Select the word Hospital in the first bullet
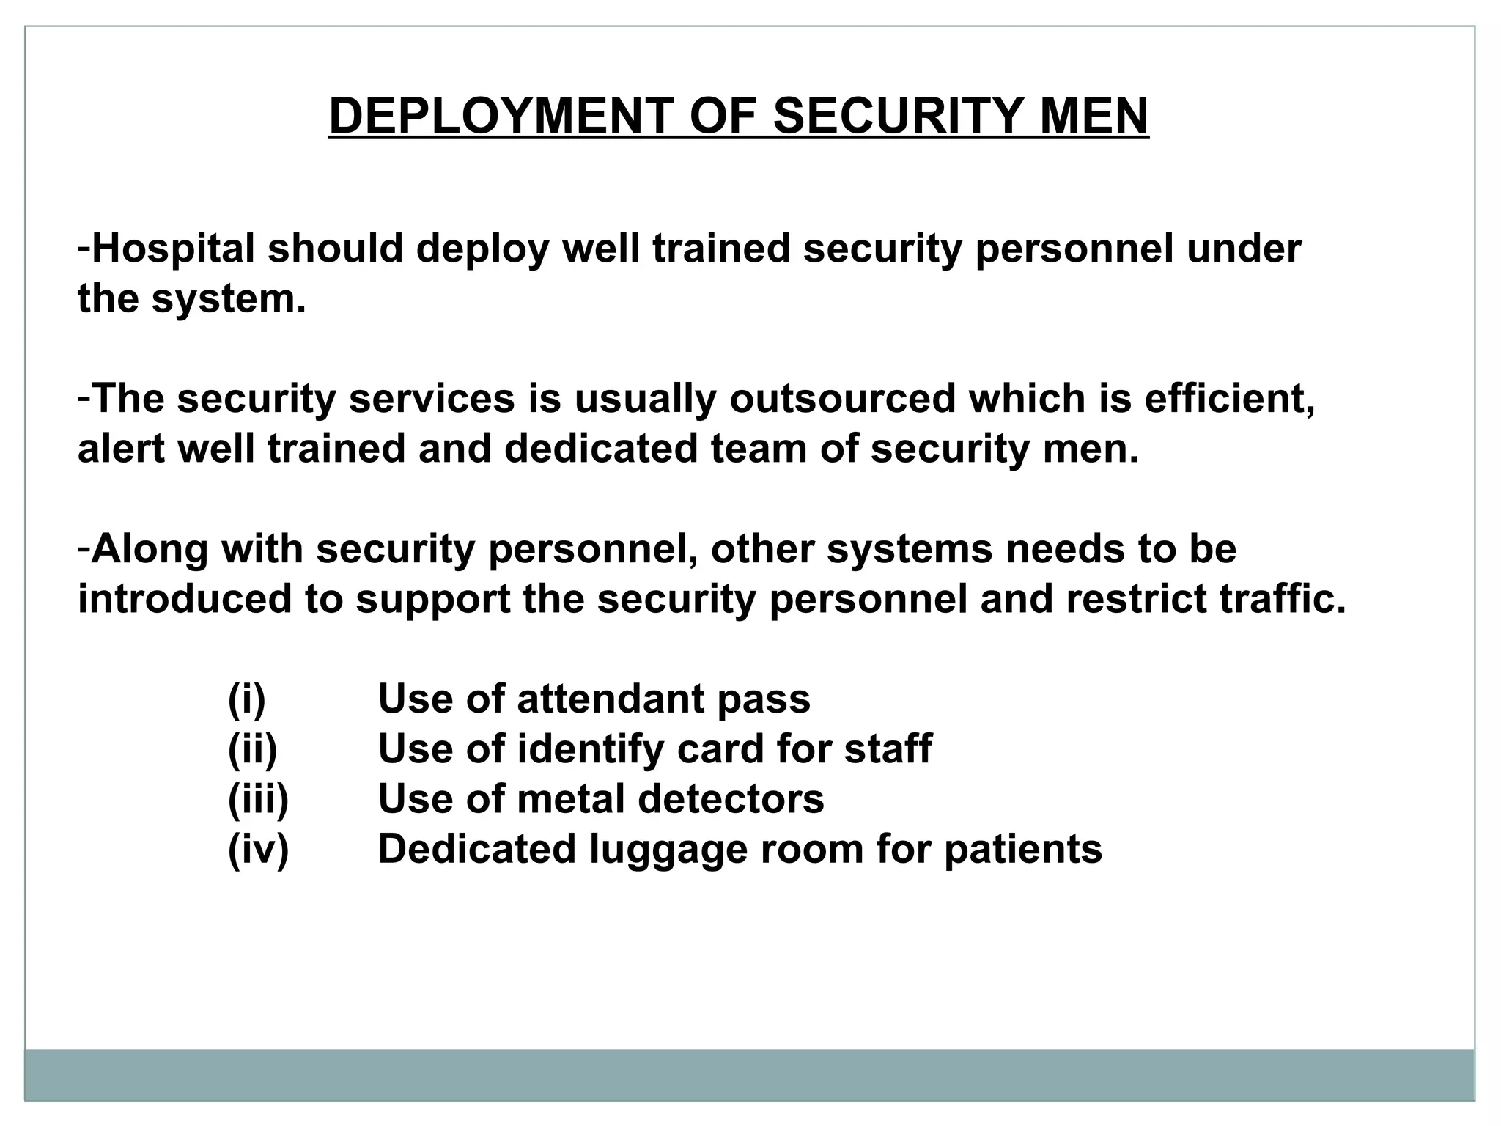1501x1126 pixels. (x=174, y=249)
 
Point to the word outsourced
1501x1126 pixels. (x=842, y=400)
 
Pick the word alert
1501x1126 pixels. (x=121, y=449)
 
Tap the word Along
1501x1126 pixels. (x=150, y=549)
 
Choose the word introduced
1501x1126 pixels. (x=183, y=599)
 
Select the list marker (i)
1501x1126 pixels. (x=246, y=699)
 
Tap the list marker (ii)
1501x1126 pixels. (x=252, y=749)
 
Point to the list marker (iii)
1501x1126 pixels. (x=258, y=799)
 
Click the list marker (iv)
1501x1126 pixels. (x=258, y=850)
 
